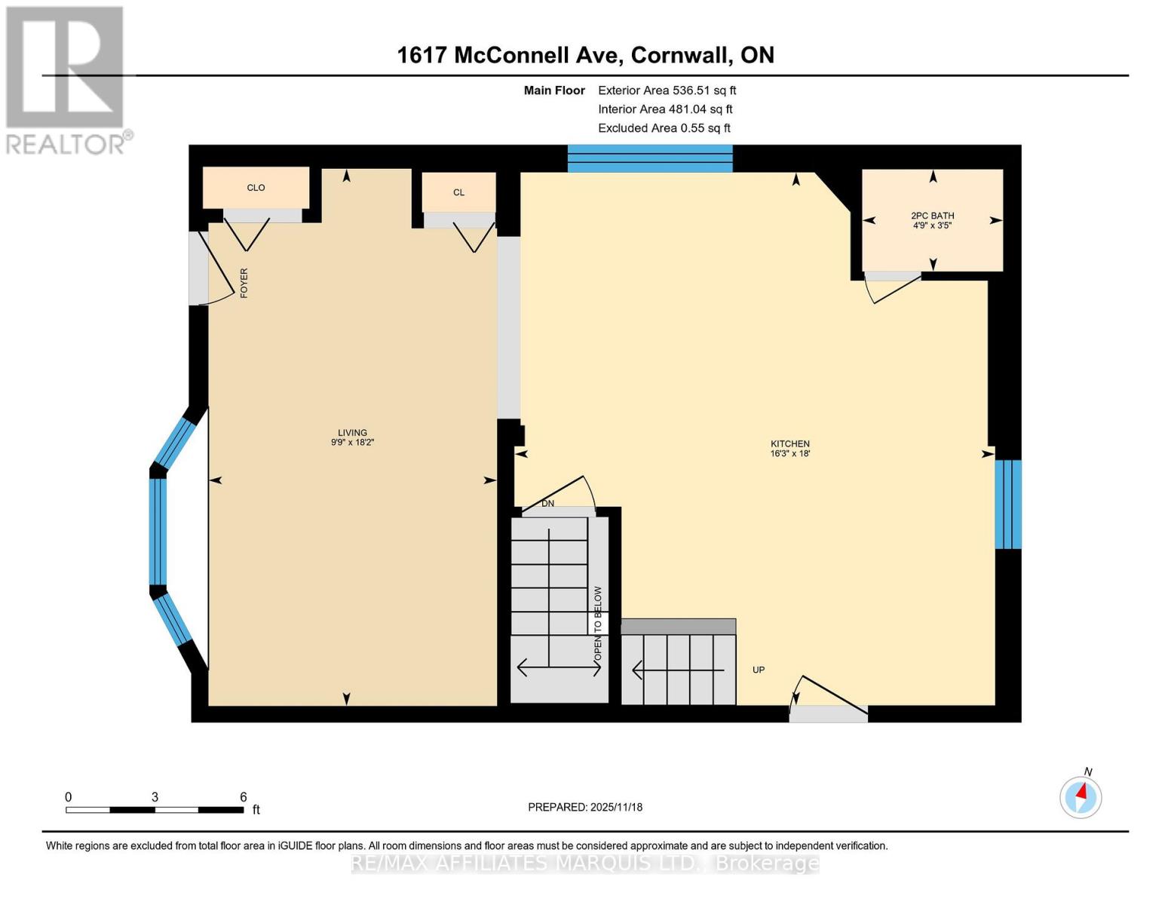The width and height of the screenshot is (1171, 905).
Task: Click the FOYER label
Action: tap(244, 283)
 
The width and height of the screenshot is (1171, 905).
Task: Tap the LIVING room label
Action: tap(352, 433)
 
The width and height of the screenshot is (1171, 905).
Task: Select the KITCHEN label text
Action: tap(789, 443)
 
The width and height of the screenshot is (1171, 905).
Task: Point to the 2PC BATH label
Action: tap(932, 216)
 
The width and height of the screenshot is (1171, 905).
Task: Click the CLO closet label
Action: tap(256, 188)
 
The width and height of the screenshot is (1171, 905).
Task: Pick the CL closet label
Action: tap(458, 192)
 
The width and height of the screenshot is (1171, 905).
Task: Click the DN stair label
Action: tap(548, 503)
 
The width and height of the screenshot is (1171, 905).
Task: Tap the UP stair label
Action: tap(759, 670)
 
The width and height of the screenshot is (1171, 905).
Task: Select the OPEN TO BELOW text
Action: tap(598, 624)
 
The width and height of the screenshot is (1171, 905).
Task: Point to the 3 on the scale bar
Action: tap(155, 797)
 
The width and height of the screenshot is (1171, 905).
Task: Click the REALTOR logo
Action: tap(65, 79)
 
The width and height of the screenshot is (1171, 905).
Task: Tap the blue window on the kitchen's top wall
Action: tap(649, 158)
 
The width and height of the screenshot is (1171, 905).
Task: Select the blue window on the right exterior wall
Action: tap(1007, 504)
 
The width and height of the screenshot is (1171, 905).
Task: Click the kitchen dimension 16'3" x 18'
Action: tap(789, 454)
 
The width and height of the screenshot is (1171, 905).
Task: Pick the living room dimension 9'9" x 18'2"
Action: tap(352, 443)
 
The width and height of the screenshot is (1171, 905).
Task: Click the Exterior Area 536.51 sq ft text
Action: tap(667, 90)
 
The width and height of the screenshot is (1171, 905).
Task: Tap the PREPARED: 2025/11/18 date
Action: tap(585, 807)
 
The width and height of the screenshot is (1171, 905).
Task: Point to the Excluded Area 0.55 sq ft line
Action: tap(664, 128)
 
